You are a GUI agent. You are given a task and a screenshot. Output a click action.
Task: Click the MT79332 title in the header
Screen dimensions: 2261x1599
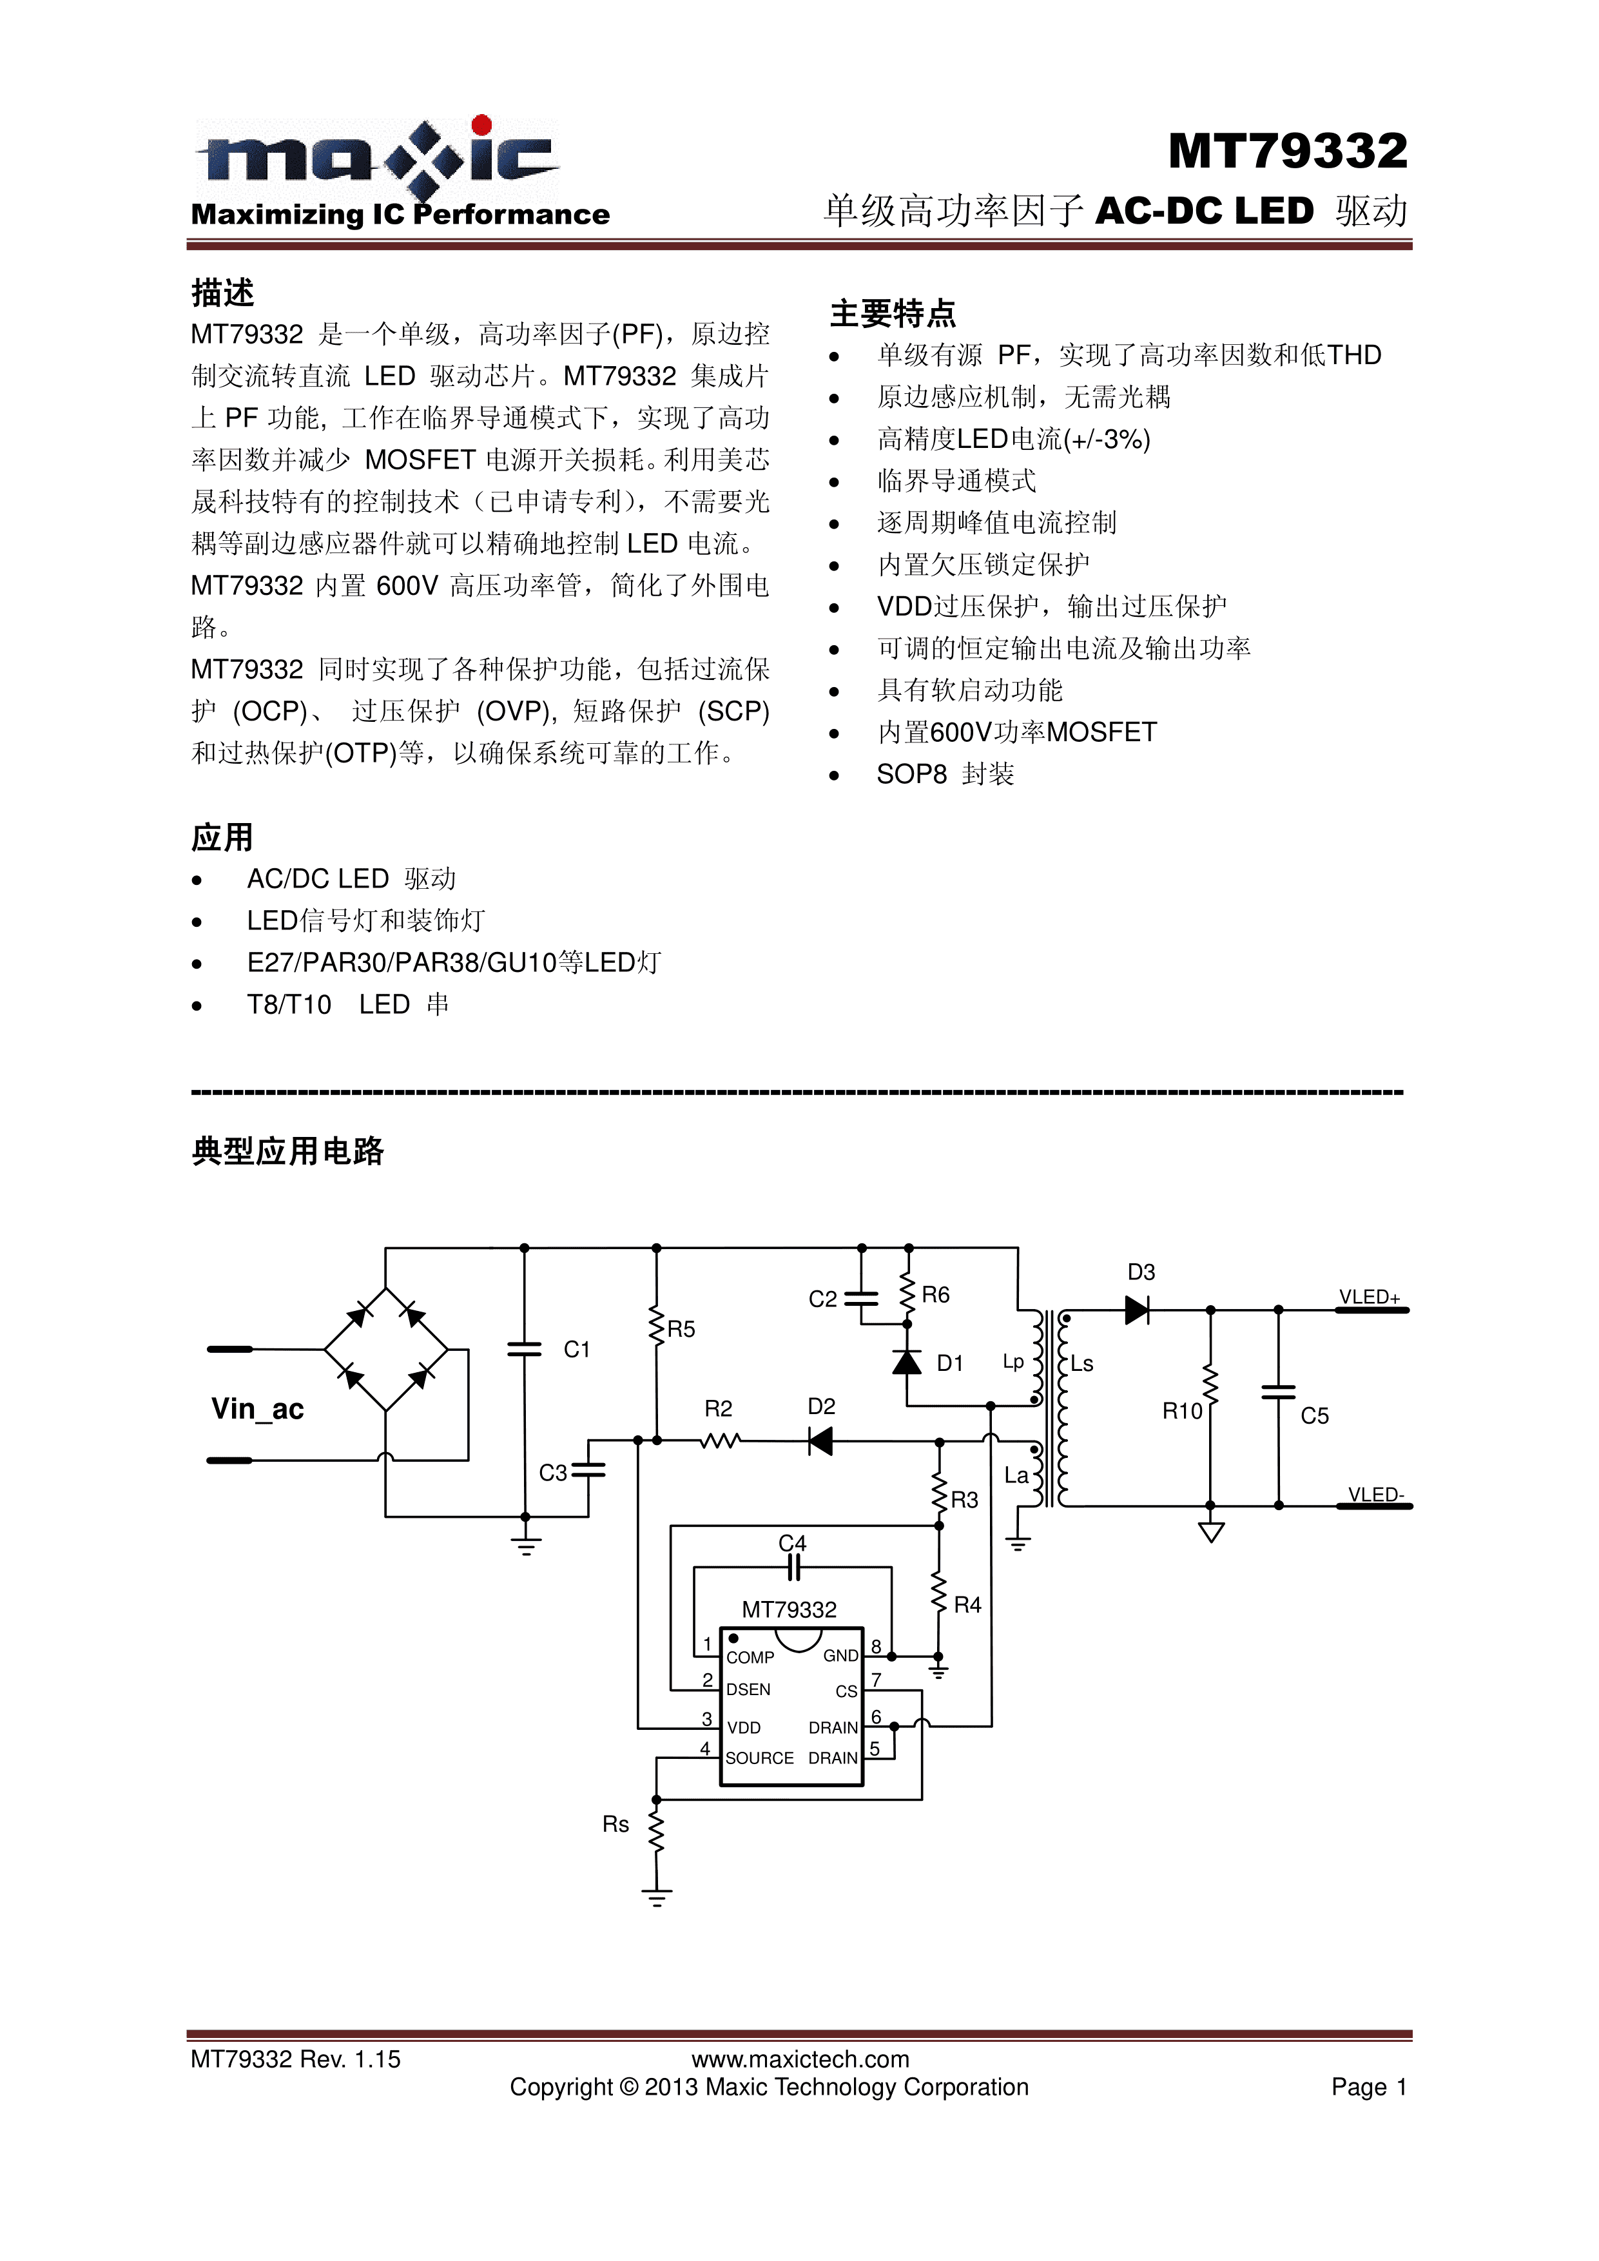(x=1287, y=151)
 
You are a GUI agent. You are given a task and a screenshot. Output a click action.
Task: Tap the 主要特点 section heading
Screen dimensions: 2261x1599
(x=892, y=313)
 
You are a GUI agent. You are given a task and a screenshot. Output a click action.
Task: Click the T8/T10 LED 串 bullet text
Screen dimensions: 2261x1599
(x=347, y=1004)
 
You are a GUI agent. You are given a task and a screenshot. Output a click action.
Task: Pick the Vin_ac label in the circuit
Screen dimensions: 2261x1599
(x=257, y=1408)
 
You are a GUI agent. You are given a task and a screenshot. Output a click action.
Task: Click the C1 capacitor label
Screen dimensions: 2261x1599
(x=576, y=1349)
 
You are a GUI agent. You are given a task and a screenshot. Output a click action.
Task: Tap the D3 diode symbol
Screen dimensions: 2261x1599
(x=1138, y=1310)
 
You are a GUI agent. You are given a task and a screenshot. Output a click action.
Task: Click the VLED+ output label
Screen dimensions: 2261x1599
(x=1369, y=1297)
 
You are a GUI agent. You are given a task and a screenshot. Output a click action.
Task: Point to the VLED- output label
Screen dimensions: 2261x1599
(x=1375, y=1494)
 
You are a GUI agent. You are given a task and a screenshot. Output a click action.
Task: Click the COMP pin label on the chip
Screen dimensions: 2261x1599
(x=750, y=1657)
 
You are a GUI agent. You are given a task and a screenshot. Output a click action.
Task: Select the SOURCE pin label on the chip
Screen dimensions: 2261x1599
(x=759, y=1758)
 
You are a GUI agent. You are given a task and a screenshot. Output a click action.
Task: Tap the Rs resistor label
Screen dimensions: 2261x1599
(x=615, y=1825)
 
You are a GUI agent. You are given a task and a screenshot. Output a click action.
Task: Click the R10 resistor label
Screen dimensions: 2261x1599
(x=1181, y=1411)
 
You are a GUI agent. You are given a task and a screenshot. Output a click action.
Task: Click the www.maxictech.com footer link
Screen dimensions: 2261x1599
(x=799, y=2059)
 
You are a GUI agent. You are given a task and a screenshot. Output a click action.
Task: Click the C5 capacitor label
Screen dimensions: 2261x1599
(x=1314, y=1416)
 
